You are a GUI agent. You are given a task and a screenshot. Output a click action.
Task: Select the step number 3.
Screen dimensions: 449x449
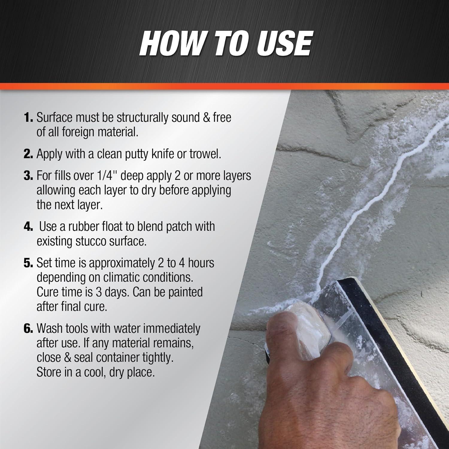[x=28, y=176]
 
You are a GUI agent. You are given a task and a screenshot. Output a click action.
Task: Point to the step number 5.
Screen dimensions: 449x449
[x=28, y=263]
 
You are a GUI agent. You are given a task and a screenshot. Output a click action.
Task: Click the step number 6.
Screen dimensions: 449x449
[x=28, y=329]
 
